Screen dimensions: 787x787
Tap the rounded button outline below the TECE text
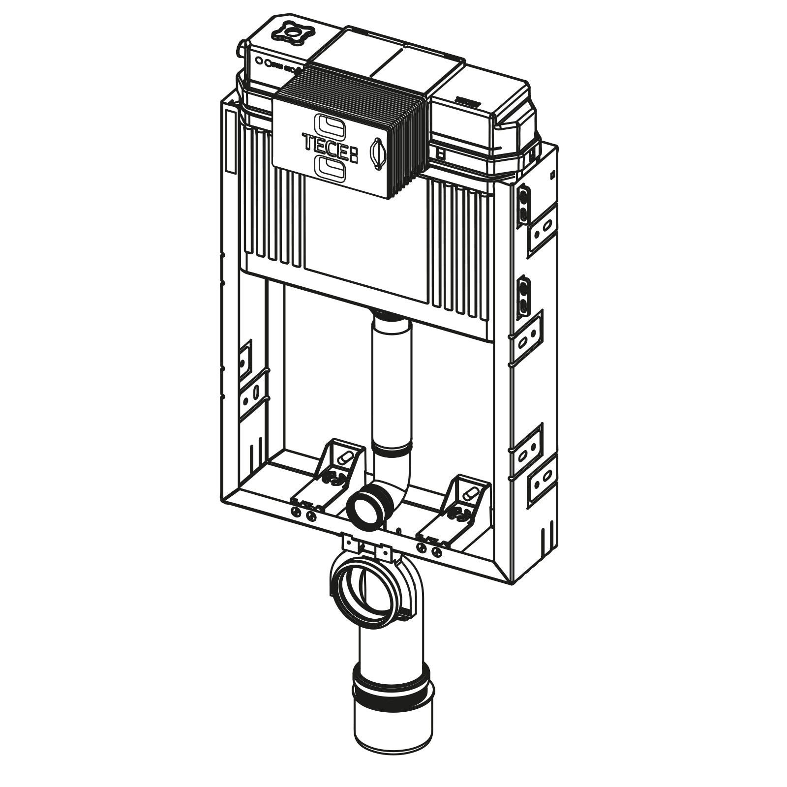(330, 168)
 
